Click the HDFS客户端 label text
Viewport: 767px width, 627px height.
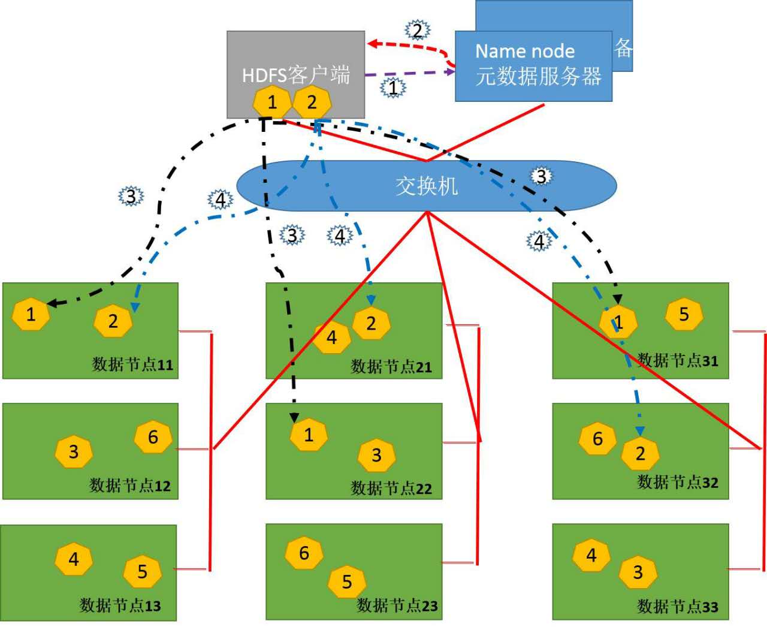point(295,75)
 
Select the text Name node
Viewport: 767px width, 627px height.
point(525,51)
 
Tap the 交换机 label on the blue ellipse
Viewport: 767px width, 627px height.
point(426,186)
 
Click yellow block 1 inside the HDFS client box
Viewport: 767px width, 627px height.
point(272,102)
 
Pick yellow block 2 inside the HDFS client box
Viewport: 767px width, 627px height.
point(312,102)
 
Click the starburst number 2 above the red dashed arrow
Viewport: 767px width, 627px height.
point(417,29)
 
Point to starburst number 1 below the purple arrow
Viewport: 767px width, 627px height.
point(392,88)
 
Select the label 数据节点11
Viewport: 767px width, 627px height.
point(132,364)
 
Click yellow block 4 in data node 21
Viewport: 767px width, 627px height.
point(331,338)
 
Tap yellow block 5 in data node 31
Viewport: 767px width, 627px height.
point(684,315)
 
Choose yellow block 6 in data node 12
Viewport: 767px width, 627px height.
point(153,437)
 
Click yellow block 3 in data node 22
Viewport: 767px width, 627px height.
point(376,456)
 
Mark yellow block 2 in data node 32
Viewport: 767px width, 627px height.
point(640,454)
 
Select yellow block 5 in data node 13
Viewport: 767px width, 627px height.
point(142,572)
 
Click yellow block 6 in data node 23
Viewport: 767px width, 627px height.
point(304,553)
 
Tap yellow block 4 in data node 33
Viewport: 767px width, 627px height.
point(591,556)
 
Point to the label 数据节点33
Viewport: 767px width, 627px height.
point(677,607)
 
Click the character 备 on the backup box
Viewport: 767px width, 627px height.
point(623,48)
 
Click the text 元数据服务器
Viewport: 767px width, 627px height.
point(538,77)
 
